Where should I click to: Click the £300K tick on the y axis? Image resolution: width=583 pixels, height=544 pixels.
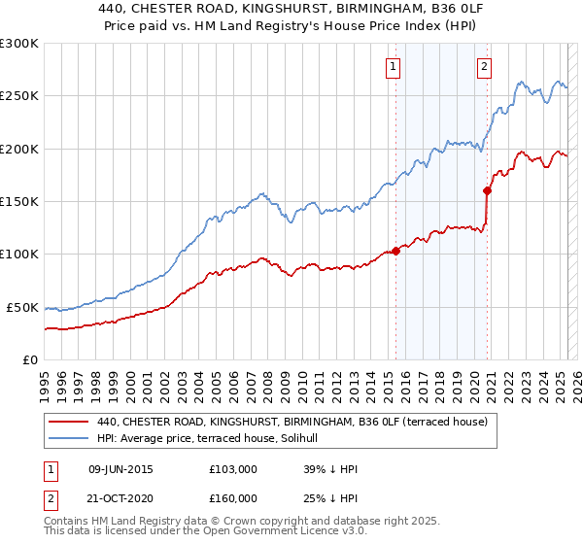[x=19, y=44]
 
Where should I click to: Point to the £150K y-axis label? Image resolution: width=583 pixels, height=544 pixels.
[x=19, y=202]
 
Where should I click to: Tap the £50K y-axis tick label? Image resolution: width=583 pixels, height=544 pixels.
[x=22, y=307]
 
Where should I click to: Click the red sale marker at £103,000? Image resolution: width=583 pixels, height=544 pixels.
[x=396, y=251]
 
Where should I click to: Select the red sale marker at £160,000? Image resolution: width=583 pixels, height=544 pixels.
[x=488, y=190]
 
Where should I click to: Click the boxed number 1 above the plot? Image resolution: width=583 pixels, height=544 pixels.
[x=393, y=67]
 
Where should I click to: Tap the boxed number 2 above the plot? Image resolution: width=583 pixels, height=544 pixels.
[x=484, y=67]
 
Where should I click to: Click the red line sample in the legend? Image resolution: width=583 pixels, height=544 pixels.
[x=68, y=422]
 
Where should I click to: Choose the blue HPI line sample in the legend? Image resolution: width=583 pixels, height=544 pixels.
[x=68, y=439]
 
